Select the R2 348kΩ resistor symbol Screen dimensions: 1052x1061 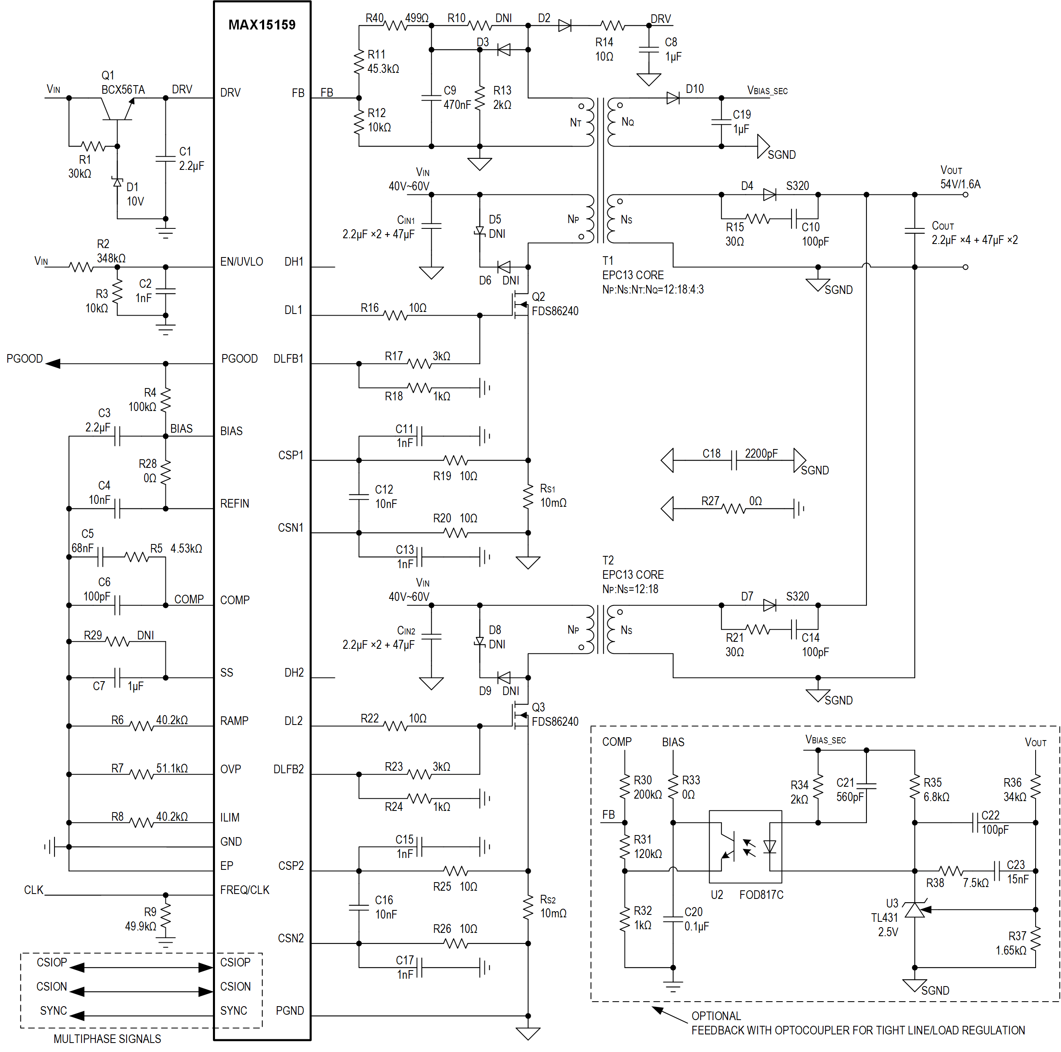pos(81,267)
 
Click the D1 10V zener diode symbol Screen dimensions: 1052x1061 pos(117,182)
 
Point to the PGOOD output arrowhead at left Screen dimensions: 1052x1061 pos(53,363)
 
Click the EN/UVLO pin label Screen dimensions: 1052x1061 pos(241,262)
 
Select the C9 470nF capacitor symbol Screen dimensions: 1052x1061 pos(431,98)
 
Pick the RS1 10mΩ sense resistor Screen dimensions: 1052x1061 pos(528,497)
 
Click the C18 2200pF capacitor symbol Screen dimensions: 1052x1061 pos(734,461)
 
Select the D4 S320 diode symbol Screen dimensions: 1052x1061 pos(769,194)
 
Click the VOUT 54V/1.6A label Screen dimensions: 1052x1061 pos(959,177)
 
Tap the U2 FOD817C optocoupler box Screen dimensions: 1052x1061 pos(745,847)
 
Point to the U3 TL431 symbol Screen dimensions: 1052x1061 pos(914,910)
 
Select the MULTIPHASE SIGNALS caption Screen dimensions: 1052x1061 pos(107,1039)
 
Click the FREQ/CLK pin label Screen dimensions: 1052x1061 pos(244,890)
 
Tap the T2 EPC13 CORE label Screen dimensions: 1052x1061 pos(633,574)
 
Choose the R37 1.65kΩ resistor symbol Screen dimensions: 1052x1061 pos(1035,939)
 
